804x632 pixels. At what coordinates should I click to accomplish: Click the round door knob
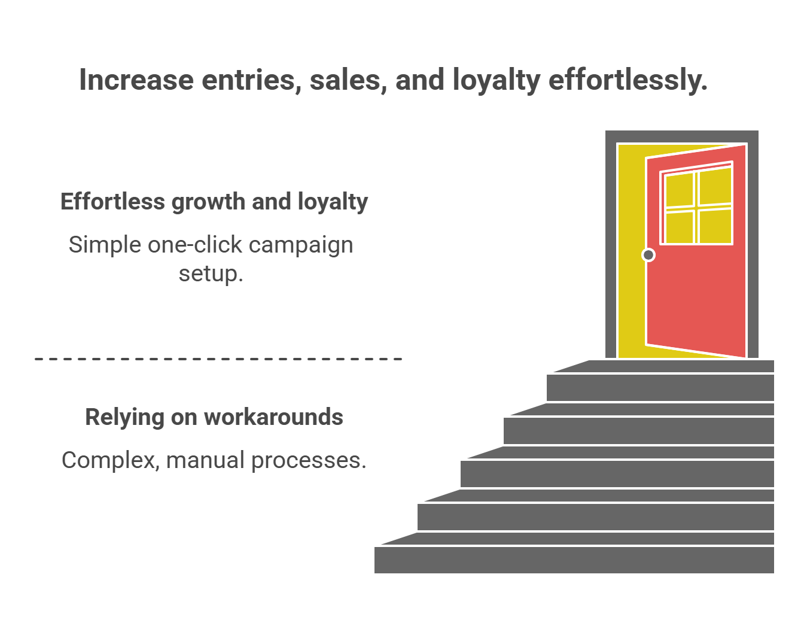pyautogui.click(x=648, y=255)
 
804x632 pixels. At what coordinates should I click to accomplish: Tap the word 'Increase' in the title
pyautogui.click(x=136, y=80)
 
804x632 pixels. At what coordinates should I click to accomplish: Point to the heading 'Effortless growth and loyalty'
pyautogui.click(x=214, y=202)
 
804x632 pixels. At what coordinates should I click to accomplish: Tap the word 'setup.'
pyautogui.click(x=211, y=274)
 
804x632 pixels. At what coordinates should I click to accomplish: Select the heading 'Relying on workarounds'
pyautogui.click(x=214, y=417)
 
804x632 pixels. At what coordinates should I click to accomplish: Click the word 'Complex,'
pyautogui.click(x=111, y=461)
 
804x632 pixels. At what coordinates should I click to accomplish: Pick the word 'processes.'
pyautogui.click(x=309, y=461)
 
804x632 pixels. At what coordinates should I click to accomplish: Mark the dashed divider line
pyautogui.click(x=218, y=358)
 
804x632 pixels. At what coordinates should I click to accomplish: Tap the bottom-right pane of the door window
pyautogui.click(x=715, y=226)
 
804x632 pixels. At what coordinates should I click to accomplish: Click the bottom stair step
pyautogui.click(x=574, y=560)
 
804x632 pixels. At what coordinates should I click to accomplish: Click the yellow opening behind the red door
pyautogui.click(x=632, y=251)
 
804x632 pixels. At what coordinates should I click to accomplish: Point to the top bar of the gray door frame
pyautogui.click(x=682, y=136)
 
